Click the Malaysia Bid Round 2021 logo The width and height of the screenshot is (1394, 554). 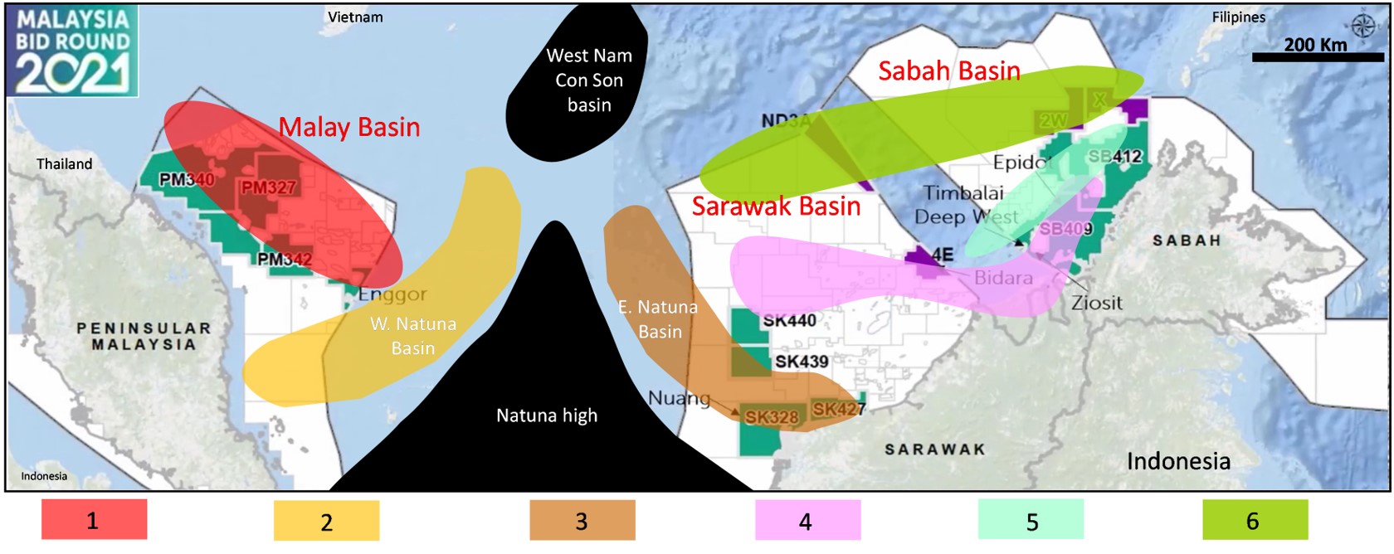pos(72,51)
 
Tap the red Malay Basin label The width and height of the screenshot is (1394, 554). pos(349,127)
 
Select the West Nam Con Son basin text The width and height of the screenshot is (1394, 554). pos(589,80)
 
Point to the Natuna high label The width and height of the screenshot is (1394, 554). pos(547,415)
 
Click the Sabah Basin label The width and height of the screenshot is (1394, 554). pos(949,71)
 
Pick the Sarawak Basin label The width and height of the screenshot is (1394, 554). pos(776,206)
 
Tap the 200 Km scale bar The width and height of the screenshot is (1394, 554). pos(1318,56)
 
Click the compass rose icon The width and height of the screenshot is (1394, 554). pos(1362,26)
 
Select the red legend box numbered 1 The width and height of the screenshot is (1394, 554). pos(94,520)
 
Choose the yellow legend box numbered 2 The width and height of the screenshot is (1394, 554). pos(326,521)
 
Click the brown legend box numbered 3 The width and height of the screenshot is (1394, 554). pos(582,521)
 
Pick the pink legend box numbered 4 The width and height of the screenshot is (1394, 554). pos(807,521)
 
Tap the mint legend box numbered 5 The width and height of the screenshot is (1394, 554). pos(1031,521)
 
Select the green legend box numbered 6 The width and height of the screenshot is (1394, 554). pos(1255,520)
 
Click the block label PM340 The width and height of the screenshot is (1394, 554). pos(187,179)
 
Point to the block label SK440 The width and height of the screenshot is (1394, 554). pos(789,320)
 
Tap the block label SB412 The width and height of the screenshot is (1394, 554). pos(1115,156)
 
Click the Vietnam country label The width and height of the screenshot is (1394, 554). pos(355,17)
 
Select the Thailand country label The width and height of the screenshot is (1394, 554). pos(64,164)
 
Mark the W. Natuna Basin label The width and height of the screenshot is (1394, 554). pos(413,335)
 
